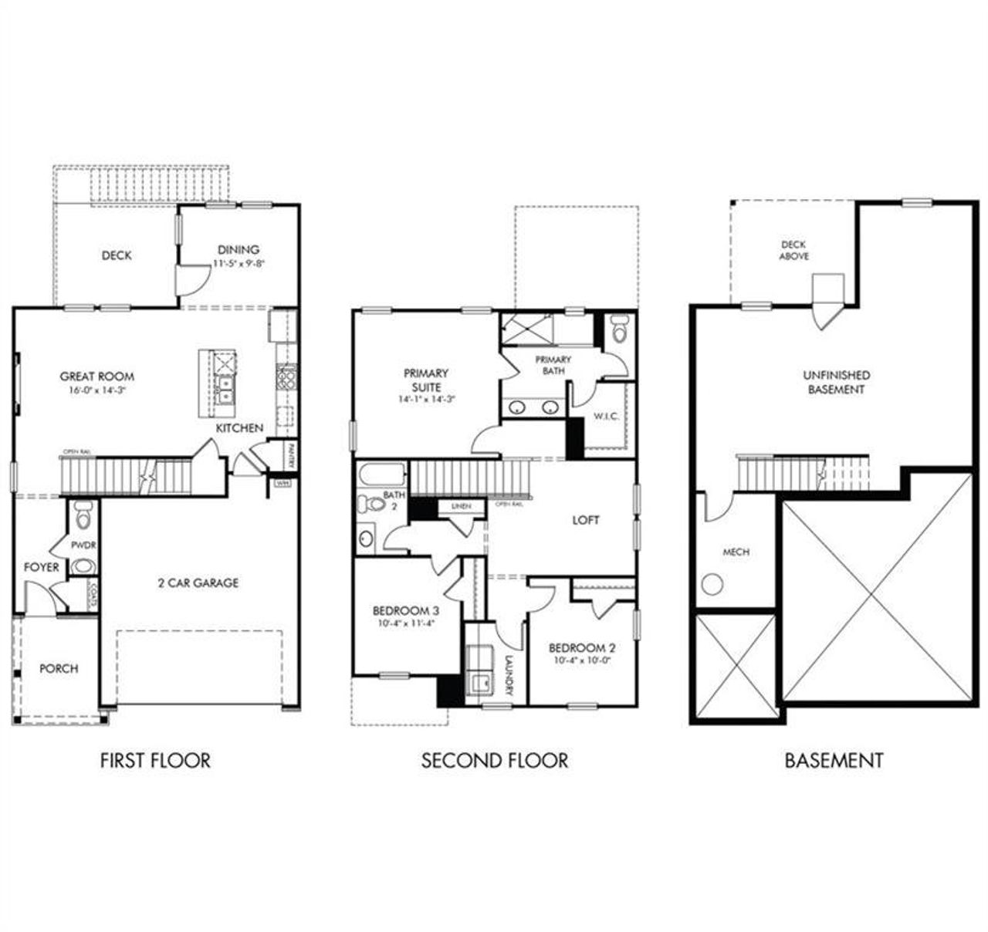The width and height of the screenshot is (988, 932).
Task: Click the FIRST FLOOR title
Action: [155, 760]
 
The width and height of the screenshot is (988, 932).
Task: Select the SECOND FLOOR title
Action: [494, 760]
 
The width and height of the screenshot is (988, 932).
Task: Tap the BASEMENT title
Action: [834, 760]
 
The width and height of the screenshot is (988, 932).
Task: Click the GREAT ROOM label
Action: [97, 377]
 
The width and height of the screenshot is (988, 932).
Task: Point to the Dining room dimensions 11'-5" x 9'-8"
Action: [239, 264]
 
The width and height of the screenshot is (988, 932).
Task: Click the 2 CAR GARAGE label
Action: [198, 582]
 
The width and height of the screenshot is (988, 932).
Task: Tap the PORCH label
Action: [59, 668]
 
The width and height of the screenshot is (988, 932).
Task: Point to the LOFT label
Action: [585, 520]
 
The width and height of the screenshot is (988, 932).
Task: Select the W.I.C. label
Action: [606, 416]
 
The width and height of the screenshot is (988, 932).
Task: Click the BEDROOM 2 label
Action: [582, 648]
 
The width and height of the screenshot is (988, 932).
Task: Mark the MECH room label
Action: [736, 552]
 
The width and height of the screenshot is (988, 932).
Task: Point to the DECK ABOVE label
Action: [793, 250]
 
